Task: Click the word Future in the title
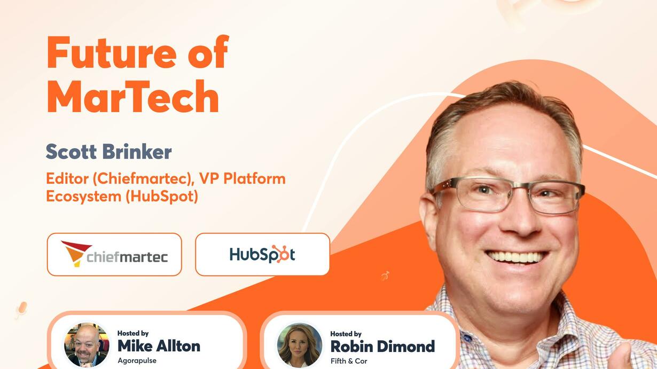pos(112,53)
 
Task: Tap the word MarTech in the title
pos(133,96)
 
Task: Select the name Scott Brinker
pos(109,152)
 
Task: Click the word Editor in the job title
pos(67,178)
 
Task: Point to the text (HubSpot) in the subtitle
pos(162,196)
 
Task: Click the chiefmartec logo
pos(114,254)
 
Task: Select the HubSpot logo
pos(262,254)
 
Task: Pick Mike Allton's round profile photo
pos(87,345)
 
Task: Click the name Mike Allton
pos(159,346)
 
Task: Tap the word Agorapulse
pos(137,360)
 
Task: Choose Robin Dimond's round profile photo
pos(300,346)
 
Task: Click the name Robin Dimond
pos(382,347)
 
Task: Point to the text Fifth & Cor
pos(349,361)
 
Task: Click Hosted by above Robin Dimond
pos(346,334)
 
